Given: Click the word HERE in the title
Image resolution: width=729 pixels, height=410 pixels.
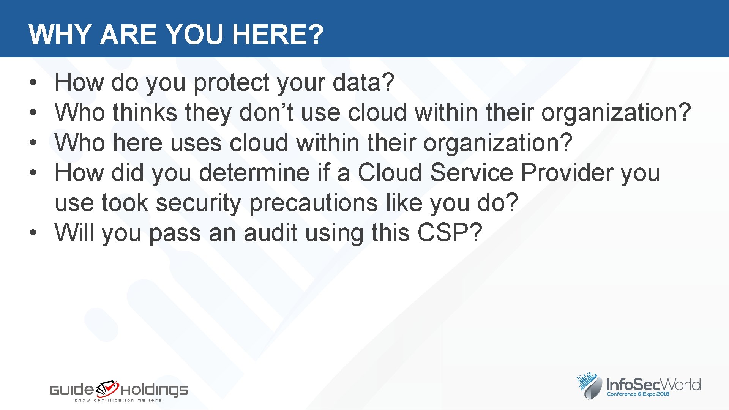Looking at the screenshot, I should [x=278, y=35].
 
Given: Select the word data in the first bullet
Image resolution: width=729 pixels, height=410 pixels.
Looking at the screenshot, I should [x=363, y=82].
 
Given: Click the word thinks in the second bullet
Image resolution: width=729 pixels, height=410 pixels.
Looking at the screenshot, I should [x=145, y=113].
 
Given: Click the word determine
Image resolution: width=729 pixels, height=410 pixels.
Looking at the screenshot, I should [x=254, y=173].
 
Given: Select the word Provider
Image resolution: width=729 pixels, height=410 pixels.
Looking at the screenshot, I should [x=566, y=173].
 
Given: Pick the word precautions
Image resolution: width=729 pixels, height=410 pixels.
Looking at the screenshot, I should [x=313, y=203].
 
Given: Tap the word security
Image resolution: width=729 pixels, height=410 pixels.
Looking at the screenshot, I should [x=198, y=203].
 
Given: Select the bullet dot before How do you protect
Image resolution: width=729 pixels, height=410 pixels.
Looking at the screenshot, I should [x=33, y=82].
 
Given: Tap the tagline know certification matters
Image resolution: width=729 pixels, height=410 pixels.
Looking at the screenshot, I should [x=118, y=400].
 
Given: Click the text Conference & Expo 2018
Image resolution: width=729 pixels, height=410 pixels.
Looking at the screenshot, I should [x=638, y=394].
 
